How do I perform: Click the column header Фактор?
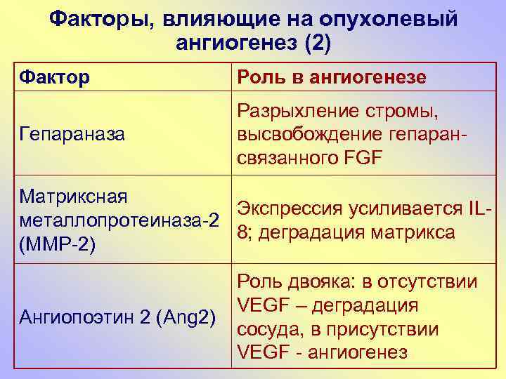(56, 77)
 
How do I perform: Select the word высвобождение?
(310, 134)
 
